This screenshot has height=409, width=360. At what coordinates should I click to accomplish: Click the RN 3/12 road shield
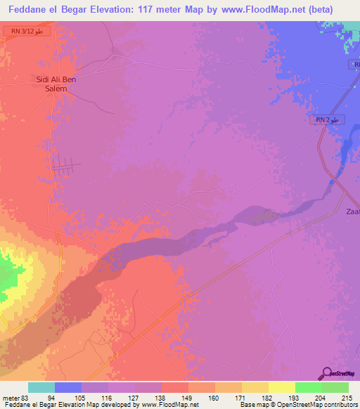[26, 32]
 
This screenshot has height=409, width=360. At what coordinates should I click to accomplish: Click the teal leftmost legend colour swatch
[41, 388]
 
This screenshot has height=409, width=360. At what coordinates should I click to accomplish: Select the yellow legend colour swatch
[281, 388]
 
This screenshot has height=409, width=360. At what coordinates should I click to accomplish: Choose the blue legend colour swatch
[67, 388]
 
